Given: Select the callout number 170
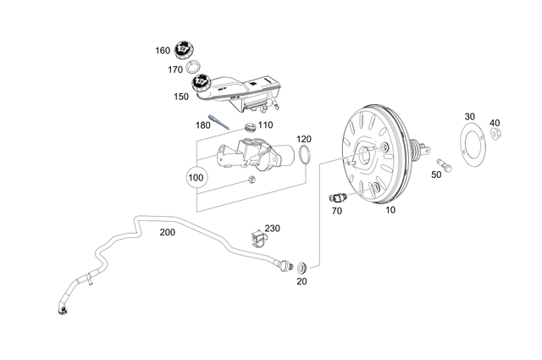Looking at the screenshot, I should [x=175, y=69].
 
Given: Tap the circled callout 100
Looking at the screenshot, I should [x=196, y=179].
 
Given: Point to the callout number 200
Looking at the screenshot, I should [x=169, y=232].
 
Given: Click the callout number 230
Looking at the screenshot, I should [x=272, y=229].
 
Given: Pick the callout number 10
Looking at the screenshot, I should [x=390, y=208].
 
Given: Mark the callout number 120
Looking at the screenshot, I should [x=304, y=139].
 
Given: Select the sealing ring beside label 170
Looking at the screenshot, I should [x=194, y=68].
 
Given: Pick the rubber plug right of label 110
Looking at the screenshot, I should [x=249, y=127].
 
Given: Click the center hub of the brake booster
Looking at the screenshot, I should [x=370, y=156].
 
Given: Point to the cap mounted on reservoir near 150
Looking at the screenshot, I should [x=202, y=85].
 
